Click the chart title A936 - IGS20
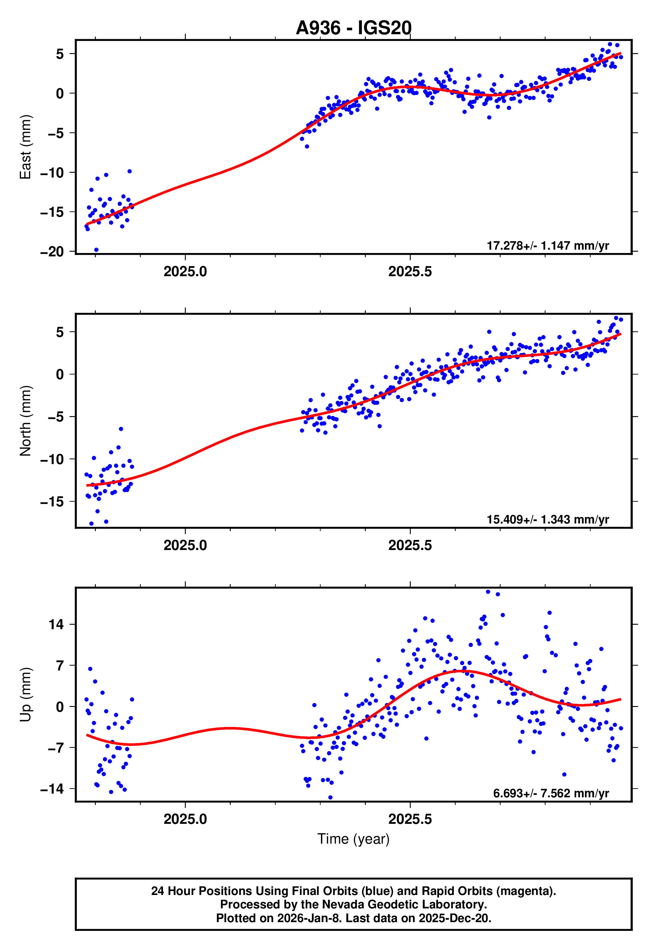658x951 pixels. point(353,28)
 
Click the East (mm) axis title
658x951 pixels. point(25,147)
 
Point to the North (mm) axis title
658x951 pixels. point(25,421)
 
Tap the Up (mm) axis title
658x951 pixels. point(25,695)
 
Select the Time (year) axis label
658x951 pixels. point(353,839)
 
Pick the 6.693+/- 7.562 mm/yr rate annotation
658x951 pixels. point(551,794)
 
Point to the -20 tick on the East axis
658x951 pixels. point(52,252)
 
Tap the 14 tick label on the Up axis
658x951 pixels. point(56,624)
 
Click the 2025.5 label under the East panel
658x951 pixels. point(410,271)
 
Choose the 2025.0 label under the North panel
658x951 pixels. point(185,545)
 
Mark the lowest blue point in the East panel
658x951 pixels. point(97,250)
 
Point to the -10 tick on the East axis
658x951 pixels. point(52,173)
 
